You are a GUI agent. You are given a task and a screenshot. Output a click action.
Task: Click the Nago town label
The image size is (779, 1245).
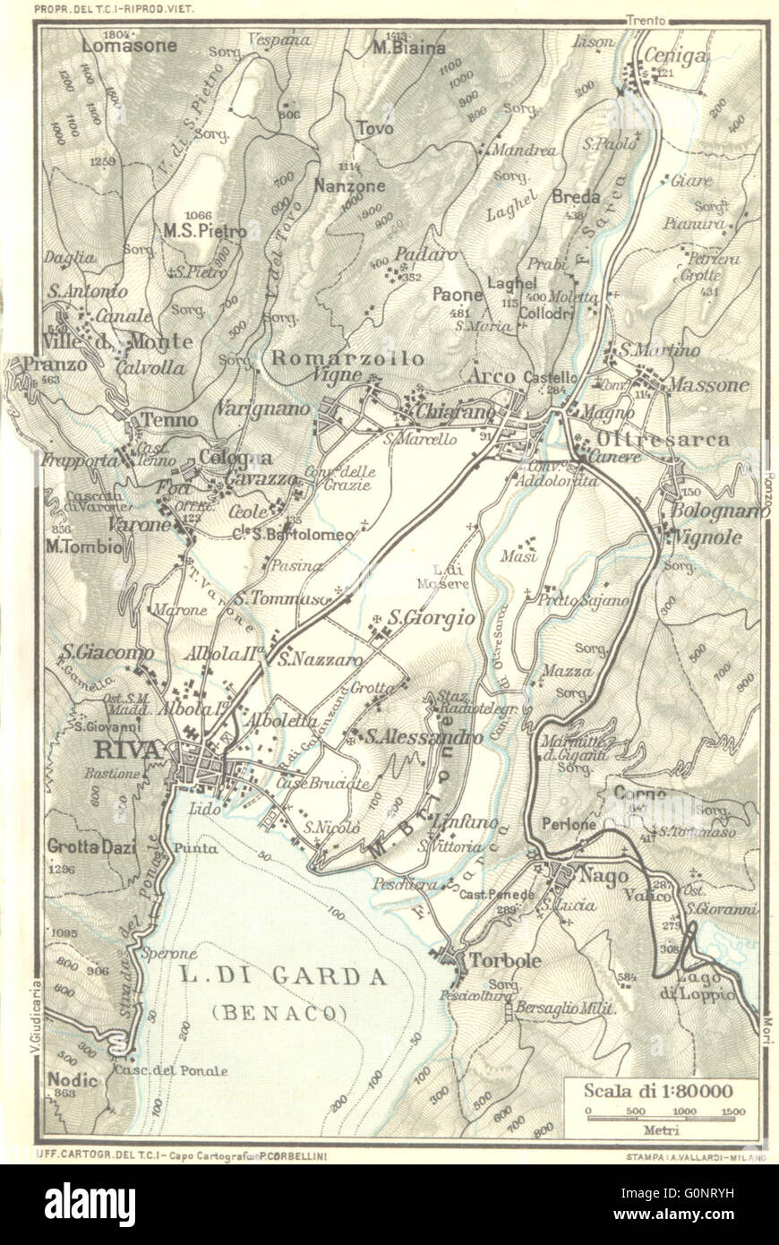coord(604,876)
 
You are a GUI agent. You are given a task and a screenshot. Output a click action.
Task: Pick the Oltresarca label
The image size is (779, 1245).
coord(665,440)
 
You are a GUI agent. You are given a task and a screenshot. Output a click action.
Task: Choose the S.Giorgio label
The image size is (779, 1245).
coord(430,617)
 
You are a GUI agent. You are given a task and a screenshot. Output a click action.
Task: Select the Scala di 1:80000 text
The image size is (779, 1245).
coord(658,1091)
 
